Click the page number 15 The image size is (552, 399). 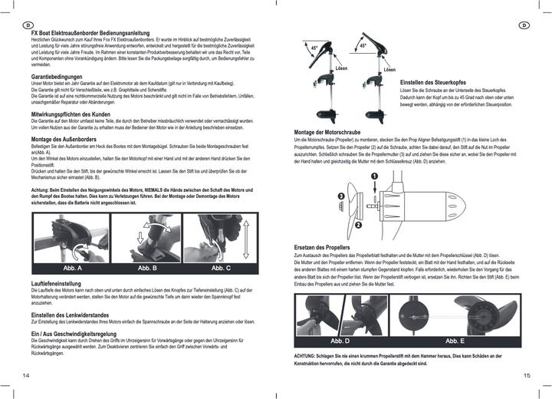[x=526, y=375]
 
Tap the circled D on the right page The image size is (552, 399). [x=524, y=25]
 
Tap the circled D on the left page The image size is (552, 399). [x=27, y=25]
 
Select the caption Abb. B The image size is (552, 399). [x=147, y=268]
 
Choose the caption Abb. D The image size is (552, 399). [x=340, y=340]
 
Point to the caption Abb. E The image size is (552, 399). [x=455, y=340]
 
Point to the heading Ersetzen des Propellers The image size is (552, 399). [x=322, y=248]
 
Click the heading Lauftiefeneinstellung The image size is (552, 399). [x=58, y=283]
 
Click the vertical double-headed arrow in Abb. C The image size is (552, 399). [x=244, y=239]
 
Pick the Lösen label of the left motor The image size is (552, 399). [x=341, y=69]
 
